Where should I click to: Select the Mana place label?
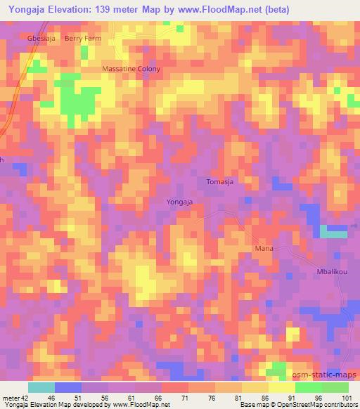point(263,249)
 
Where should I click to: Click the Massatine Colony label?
point(131,69)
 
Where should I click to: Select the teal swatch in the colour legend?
point(41,387)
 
